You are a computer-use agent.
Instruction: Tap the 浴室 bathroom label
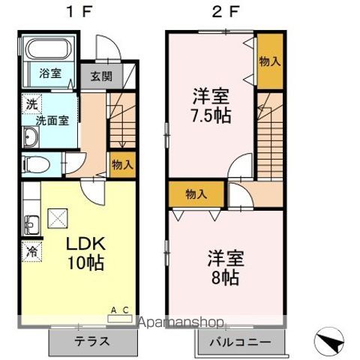(50, 73)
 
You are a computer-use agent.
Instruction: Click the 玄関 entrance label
(100, 75)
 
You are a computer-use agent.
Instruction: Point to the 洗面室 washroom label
(51, 119)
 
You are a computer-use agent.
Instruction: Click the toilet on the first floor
(34, 163)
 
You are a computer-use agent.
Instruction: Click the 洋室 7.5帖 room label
(210, 106)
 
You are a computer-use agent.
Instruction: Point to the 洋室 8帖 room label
(223, 266)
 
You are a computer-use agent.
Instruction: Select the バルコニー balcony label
(242, 341)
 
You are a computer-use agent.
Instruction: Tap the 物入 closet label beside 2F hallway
(196, 194)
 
